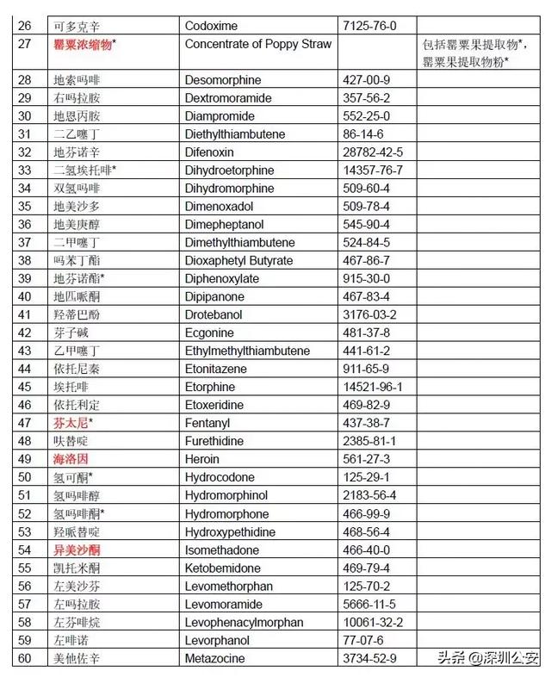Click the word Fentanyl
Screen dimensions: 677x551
208,423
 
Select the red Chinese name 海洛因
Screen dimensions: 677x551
71,459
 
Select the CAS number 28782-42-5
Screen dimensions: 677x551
372,152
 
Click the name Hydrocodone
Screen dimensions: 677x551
220,477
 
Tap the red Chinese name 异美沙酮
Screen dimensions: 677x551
77,550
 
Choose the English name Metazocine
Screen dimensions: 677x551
214,659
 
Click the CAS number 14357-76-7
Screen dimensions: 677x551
372,170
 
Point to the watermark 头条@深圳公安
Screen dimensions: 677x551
488,658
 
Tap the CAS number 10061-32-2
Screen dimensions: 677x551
372,622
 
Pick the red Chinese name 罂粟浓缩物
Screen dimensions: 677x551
85,43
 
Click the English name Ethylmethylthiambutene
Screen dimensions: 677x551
247,351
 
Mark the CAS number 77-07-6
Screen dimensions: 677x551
362,640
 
